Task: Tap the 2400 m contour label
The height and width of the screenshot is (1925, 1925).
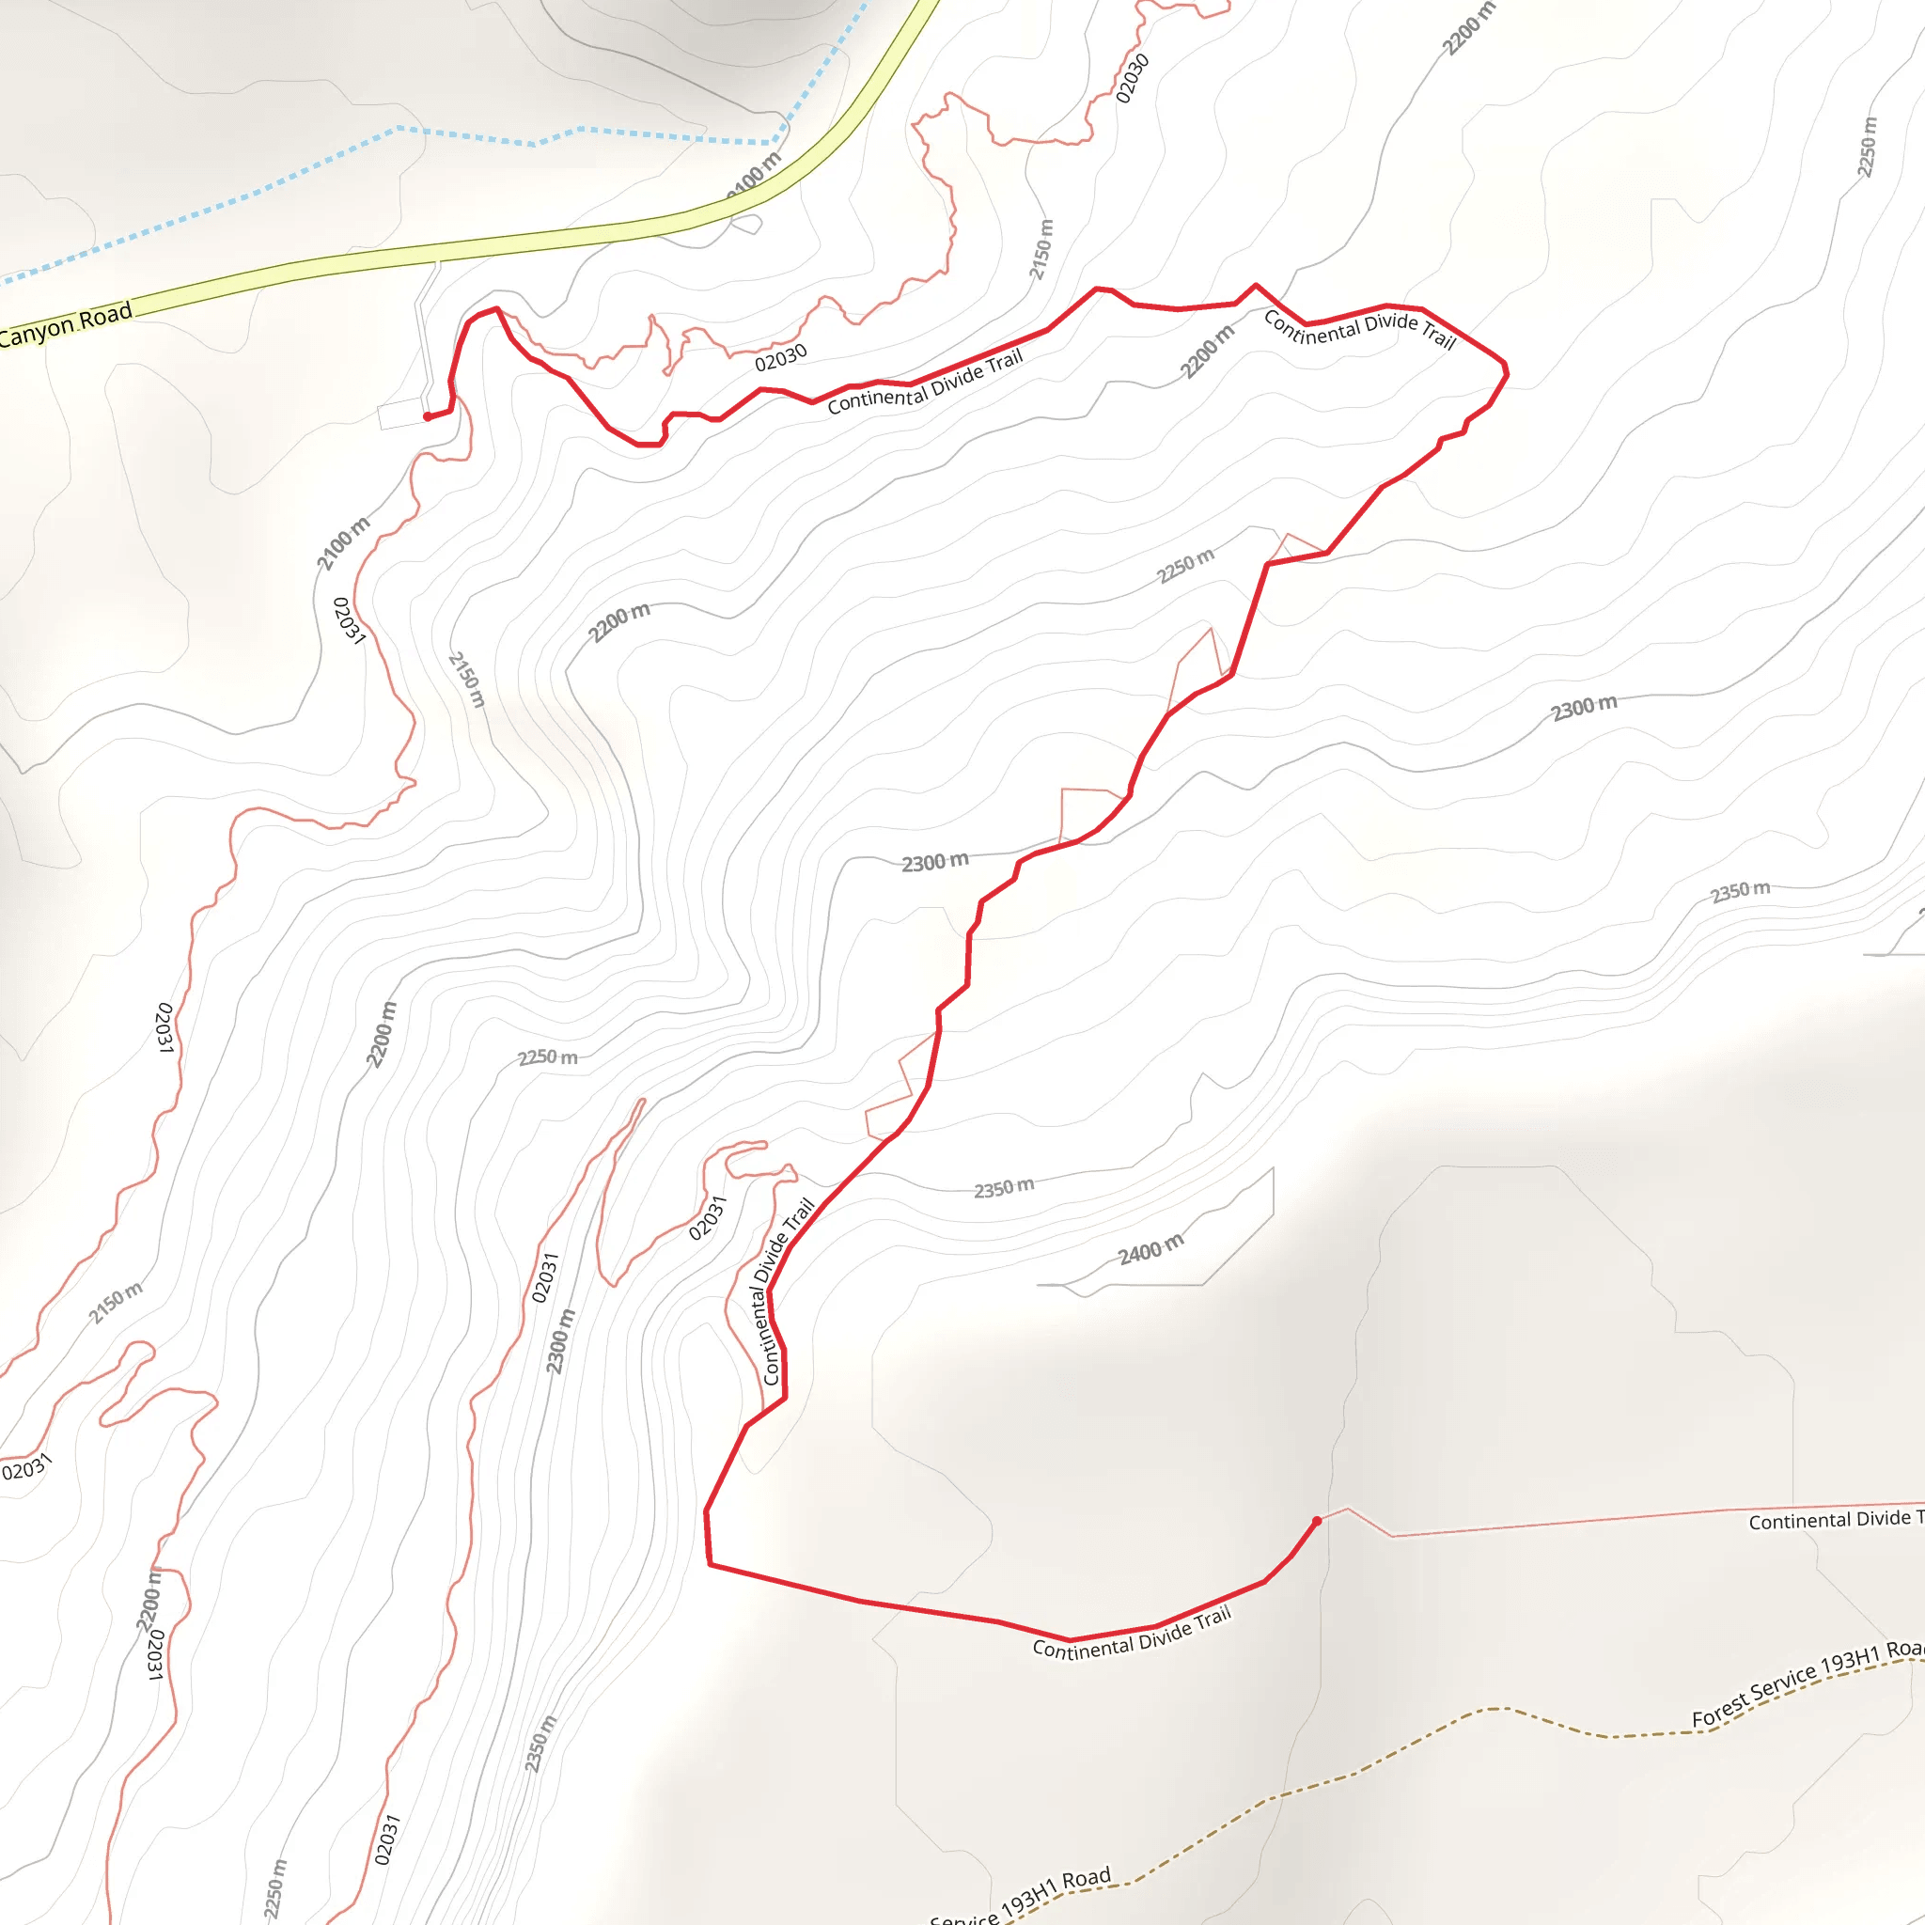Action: click(x=1150, y=1248)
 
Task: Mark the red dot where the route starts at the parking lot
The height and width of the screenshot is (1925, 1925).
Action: click(x=428, y=416)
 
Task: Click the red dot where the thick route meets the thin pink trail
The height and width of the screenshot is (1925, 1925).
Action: click(x=1317, y=1521)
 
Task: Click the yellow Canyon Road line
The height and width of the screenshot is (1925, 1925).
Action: click(x=498, y=243)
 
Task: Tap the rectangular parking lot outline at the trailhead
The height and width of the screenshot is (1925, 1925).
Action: click(x=401, y=414)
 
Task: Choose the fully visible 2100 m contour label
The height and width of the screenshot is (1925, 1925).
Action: click(x=343, y=543)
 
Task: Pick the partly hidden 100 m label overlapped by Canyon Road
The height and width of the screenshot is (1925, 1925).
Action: click(x=756, y=176)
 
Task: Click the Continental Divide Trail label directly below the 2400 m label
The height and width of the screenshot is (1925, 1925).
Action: click(x=1132, y=1634)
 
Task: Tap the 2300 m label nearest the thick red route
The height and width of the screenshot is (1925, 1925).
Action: click(x=934, y=862)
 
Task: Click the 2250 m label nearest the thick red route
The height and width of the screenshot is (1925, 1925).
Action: click(x=1184, y=566)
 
